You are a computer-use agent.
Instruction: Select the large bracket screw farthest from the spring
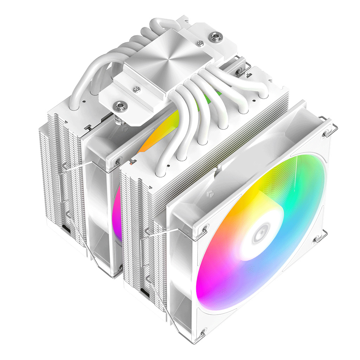tap(213, 36)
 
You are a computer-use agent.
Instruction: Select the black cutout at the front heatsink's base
tap(143, 291)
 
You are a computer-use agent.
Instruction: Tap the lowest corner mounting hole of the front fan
tap(202, 330)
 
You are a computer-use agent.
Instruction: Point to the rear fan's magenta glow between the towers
tap(118, 211)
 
